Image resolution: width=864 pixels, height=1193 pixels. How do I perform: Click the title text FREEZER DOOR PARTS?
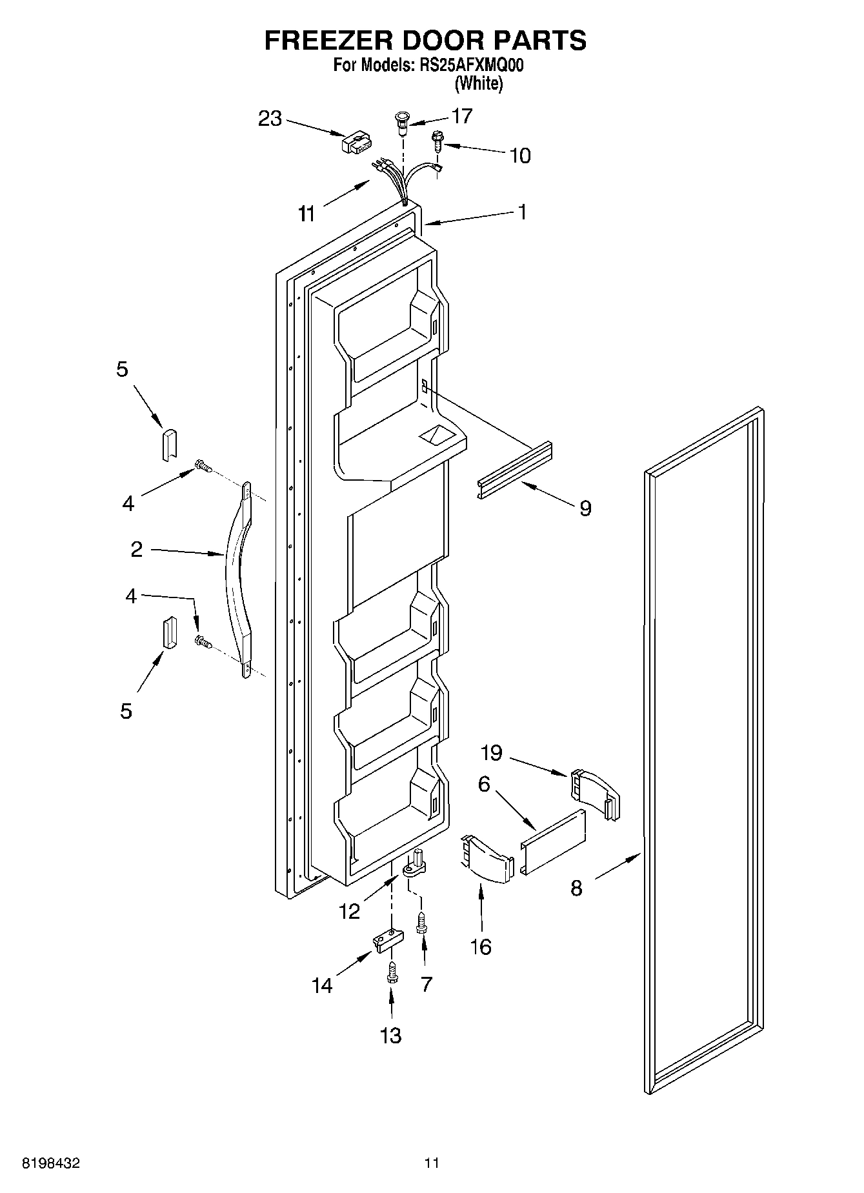tap(425, 40)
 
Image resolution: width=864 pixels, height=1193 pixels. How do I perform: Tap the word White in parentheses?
tap(478, 83)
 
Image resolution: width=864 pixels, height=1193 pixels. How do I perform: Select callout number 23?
tap(270, 119)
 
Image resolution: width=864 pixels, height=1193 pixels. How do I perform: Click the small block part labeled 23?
tap(356, 143)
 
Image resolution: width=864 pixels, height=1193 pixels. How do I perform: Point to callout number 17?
tap(462, 116)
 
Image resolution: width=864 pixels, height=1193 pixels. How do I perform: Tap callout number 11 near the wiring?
tap(307, 214)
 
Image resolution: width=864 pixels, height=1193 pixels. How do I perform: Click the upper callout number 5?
tap(122, 369)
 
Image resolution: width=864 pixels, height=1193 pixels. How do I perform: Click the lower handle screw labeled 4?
tap(203, 641)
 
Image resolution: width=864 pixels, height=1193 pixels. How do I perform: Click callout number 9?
tap(585, 508)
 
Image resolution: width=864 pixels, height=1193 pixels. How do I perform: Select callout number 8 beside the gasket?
tap(576, 888)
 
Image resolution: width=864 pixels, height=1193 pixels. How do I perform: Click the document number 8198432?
tap(52, 1163)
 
